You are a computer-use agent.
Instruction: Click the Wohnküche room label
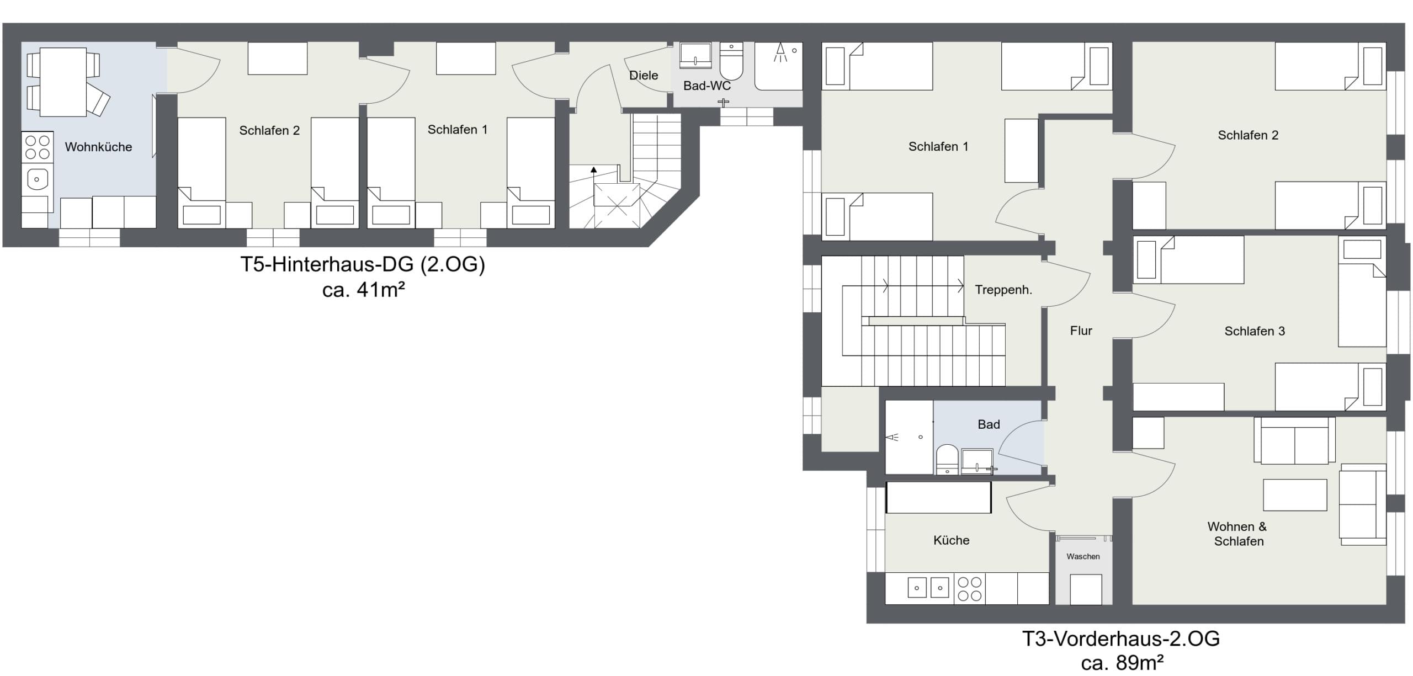[98, 147]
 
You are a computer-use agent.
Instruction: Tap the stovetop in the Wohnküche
[37, 147]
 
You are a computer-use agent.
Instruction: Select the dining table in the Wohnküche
[63, 82]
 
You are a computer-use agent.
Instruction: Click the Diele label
[644, 75]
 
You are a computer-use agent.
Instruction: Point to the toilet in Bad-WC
[732, 62]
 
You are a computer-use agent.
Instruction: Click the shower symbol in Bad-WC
[780, 53]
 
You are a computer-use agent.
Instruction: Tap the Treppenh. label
[1003, 290]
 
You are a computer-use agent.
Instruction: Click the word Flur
[1081, 331]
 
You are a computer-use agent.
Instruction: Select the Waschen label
[1083, 556]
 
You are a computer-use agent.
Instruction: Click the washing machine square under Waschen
[1086, 589]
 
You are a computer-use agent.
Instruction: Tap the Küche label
[951, 540]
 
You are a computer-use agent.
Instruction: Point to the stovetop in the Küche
[969, 588]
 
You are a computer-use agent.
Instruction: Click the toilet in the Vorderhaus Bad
[947, 460]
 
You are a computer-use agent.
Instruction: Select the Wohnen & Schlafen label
[1237, 534]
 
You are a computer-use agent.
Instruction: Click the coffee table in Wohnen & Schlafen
[1295, 494]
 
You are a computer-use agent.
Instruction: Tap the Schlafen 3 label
[1255, 331]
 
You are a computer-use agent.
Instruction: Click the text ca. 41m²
[364, 290]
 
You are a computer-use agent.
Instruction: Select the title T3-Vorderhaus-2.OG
[1121, 638]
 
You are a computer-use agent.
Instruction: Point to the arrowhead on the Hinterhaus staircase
[593, 170]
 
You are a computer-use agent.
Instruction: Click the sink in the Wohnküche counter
[37, 179]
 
